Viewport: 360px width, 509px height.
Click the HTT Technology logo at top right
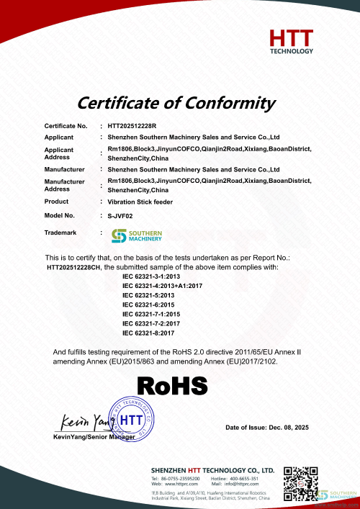pos(291,41)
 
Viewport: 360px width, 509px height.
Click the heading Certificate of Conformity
pos(176,102)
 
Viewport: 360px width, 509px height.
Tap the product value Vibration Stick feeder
pos(137,202)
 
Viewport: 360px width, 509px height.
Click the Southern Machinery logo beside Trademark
pos(137,235)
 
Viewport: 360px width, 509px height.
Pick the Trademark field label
pos(60,233)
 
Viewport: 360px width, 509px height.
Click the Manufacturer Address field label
pos(64,185)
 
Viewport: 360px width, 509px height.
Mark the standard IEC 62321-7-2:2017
pos(151,323)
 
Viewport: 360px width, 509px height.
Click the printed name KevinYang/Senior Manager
pos(94,437)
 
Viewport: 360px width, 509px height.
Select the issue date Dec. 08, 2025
pos(266,428)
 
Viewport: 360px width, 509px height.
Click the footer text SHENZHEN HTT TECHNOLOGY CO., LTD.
pos(212,469)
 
